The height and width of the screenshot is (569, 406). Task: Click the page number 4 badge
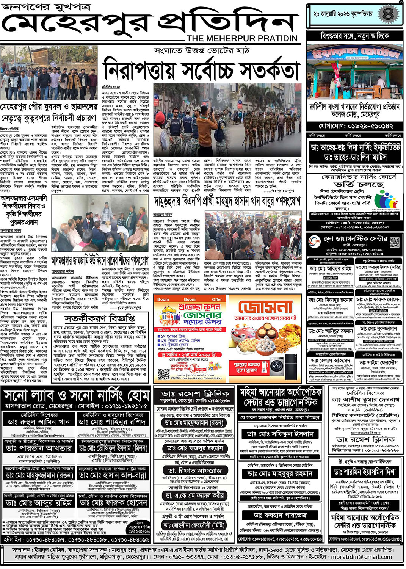click(387, 14)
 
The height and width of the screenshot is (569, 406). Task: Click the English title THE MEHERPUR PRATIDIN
click(242, 38)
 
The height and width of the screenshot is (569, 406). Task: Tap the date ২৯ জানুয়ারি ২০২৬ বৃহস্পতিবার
click(343, 14)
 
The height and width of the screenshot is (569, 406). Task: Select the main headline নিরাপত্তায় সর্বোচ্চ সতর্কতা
click(201, 71)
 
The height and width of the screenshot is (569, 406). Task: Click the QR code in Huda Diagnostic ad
click(395, 242)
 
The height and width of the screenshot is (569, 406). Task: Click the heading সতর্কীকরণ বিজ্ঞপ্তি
click(99, 318)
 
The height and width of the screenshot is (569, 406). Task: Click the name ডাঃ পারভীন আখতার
click(39, 448)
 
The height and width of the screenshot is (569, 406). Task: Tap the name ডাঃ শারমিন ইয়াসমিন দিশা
click(365, 472)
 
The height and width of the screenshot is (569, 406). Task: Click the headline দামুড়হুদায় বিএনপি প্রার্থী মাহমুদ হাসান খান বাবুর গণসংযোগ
click(227, 201)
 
